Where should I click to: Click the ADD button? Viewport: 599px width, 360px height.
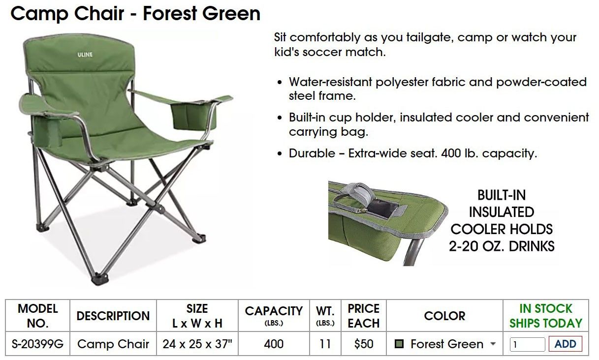pyautogui.click(x=565, y=344)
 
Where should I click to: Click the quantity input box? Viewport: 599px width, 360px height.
pyautogui.click(x=527, y=344)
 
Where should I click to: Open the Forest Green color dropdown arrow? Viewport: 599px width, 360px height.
pyautogui.click(x=493, y=344)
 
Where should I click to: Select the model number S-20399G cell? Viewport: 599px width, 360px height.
pyautogui.click(x=38, y=344)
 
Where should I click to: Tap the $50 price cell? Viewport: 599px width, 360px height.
pyautogui.click(x=364, y=344)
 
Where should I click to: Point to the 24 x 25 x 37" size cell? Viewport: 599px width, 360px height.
pyautogui.click(x=197, y=344)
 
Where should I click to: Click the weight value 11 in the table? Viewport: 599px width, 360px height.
pyautogui.click(x=325, y=344)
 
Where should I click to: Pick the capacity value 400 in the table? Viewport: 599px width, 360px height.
pyautogui.click(x=274, y=344)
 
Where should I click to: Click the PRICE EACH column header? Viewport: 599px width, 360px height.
pyautogui.click(x=364, y=316)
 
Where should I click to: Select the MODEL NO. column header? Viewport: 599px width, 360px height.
pyautogui.click(x=38, y=316)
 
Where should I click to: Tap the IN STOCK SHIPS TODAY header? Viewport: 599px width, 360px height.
pyautogui.click(x=545, y=316)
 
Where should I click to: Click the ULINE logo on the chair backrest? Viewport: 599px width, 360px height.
pyautogui.click(x=85, y=55)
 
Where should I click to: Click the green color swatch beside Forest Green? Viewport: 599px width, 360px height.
pyautogui.click(x=400, y=344)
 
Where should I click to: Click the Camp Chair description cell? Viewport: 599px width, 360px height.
pyautogui.click(x=113, y=344)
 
